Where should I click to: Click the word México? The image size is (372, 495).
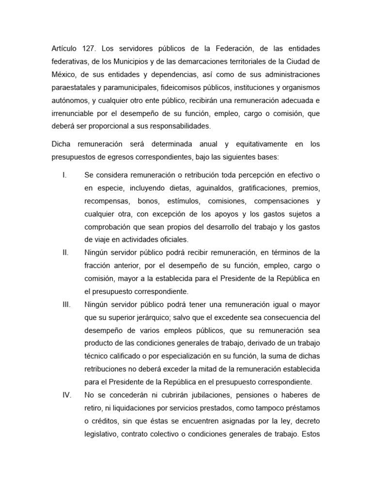[63, 75]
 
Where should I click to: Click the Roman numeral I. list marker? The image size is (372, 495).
[64, 175]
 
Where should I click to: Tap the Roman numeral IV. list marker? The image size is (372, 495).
[67, 395]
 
